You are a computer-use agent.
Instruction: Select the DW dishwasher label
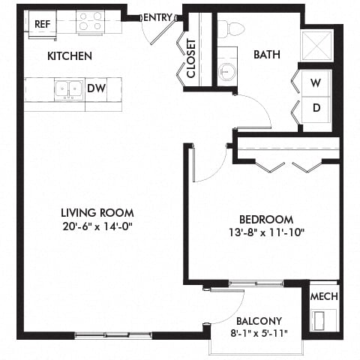(x=96, y=88)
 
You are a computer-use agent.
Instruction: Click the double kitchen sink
(x=68, y=88)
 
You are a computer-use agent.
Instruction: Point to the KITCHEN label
(x=70, y=56)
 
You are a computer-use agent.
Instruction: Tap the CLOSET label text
(x=191, y=58)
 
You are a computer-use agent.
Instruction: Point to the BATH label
(x=267, y=55)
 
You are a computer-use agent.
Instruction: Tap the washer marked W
(x=316, y=82)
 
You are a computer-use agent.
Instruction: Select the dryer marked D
(x=316, y=107)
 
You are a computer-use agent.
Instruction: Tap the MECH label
(x=324, y=296)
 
